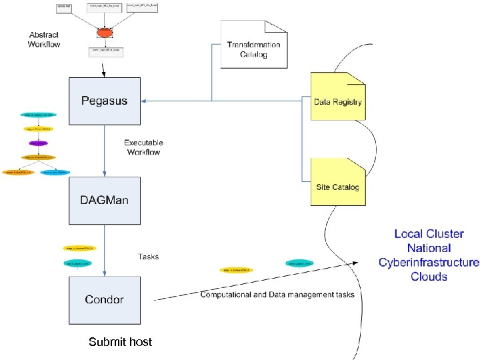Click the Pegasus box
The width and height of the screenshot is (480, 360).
pyautogui.click(x=105, y=101)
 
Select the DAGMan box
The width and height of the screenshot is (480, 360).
pyautogui.click(x=105, y=200)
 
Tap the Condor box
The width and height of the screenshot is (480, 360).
pyautogui.click(x=105, y=299)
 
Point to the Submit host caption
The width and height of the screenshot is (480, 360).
pyautogui.click(x=121, y=342)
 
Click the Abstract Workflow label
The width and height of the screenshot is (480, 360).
pyautogui.click(x=44, y=39)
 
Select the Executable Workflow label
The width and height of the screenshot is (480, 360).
pyautogui.click(x=143, y=147)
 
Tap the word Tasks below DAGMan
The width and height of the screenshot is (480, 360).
pyautogui.click(x=148, y=256)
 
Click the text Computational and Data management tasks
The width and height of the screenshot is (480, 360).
pyautogui.click(x=277, y=294)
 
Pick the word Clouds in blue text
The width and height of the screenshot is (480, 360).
pyautogui.click(x=429, y=277)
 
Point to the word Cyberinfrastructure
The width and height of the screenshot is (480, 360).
pyautogui.click(x=429, y=262)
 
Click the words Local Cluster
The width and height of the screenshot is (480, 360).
pyautogui.click(x=429, y=234)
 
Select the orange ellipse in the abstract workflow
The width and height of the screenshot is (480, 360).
pyautogui.click(x=104, y=32)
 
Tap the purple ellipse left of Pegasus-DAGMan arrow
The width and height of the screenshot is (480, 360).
pyautogui.click(x=39, y=143)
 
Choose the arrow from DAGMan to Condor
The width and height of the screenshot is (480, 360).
pyautogui.click(x=105, y=250)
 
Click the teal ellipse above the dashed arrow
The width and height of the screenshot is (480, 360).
pyautogui.click(x=300, y=263)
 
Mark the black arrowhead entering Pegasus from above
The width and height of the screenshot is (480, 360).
pyautogui.click(x=104, y=74)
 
